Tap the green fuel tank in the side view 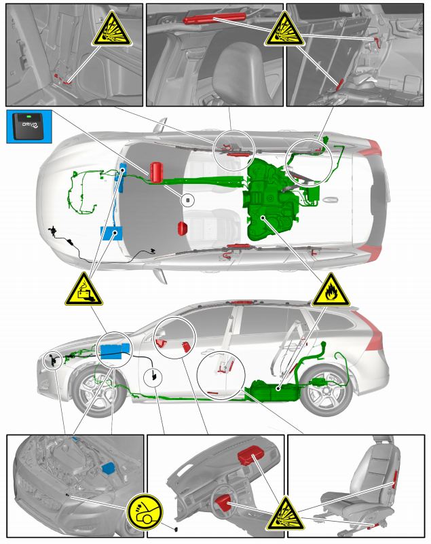[x=275, y=392]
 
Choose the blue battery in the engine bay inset [x=107, y=468]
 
